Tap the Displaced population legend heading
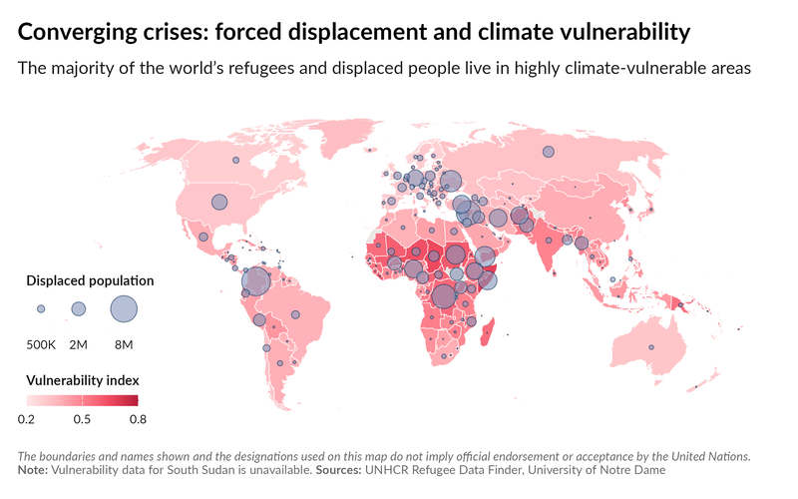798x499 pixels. tap(90, 280)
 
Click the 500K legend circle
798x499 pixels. tap(41, 309)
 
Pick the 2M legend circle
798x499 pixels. tap(79, 309)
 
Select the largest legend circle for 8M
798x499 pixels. tap(123, 309)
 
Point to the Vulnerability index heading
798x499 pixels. tap(82, 380)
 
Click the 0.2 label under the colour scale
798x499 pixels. tap(27, 418)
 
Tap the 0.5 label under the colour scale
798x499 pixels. tap(82, 418)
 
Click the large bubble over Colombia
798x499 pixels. tap(256, 282)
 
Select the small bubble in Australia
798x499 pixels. tap(651, 346)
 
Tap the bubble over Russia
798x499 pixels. tap(548, 152)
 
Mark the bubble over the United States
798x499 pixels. tap(219, 203)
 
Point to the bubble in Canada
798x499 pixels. tap(235, 160)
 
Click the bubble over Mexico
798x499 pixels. tap(203, 238)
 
